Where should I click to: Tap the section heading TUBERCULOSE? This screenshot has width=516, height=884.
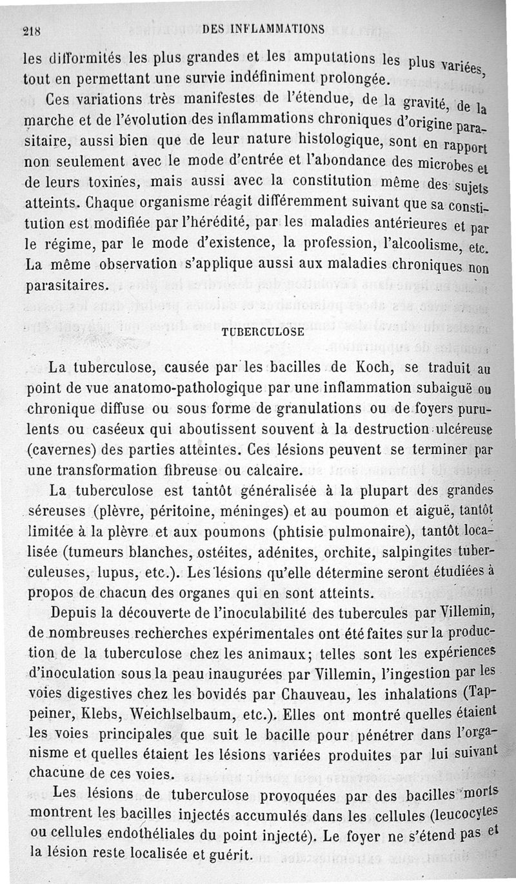[263, 332]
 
